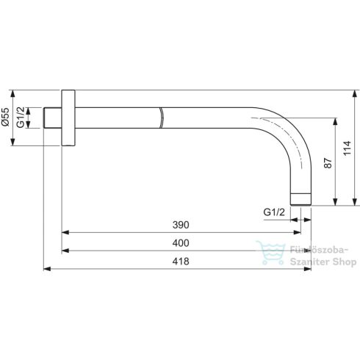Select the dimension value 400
click(x=179, y=242)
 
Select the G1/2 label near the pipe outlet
click(x=273, y=212)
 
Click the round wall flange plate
click(x=68, y=118)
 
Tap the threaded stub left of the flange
click(x=52, y=118)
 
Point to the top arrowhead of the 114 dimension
click(x=357, y=93)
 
